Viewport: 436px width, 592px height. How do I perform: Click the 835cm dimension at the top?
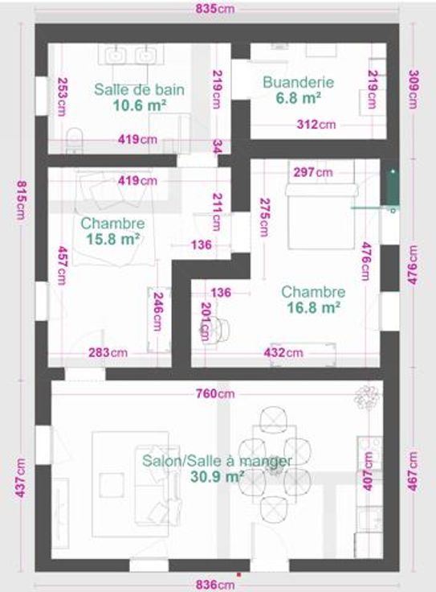(215, 9)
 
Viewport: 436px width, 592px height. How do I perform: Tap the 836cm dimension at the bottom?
(215, 585)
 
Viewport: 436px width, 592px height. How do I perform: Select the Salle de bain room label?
(140, 89)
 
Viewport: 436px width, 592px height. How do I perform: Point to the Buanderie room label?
(298, 82)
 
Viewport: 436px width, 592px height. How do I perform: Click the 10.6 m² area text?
(140, 105)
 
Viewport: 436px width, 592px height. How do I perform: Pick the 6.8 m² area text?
(299, 98)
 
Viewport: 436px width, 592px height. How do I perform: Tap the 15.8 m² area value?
(112, 239)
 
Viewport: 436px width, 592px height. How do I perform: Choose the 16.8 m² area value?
(313, 308)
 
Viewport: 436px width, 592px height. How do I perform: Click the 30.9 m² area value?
(217, 476)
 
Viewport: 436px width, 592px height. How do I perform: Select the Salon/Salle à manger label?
(217, 461)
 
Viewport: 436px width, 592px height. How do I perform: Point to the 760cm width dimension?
(215, 394)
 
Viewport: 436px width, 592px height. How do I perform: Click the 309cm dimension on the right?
(414, 89)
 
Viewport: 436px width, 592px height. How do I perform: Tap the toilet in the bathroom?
(74, 140)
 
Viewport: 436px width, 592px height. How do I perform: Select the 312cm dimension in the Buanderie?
(316, 125)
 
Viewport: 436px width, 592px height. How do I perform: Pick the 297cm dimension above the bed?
(313, 173)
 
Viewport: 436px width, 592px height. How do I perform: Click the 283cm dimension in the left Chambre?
(108, 352)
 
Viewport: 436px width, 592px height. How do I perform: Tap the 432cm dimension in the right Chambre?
(283, 352)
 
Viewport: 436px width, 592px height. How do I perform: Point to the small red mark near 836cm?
(238, 574)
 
